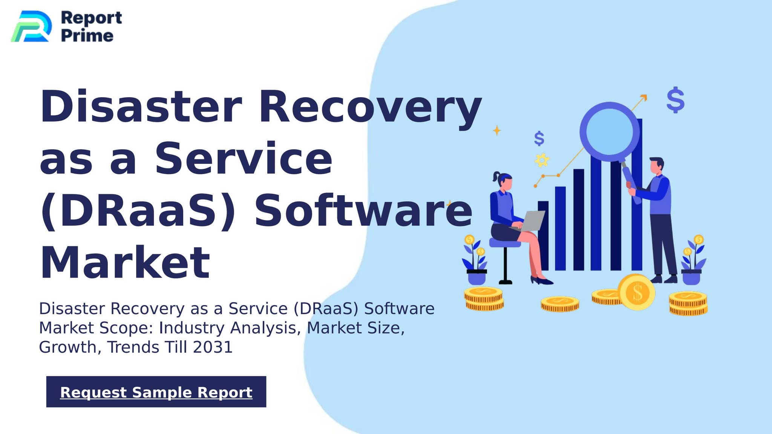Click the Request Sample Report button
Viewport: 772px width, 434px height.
[x=156, y=391]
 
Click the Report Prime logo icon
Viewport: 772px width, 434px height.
[x=32, y=26]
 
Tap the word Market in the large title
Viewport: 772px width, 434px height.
[x=125, y=263]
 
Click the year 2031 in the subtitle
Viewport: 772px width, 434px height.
[x=213, y=347]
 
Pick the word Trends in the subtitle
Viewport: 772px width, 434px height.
[x=133, y=347]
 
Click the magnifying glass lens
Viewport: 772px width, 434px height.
[x=610, y=131]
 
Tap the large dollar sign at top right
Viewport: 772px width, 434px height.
[x=675, y=100]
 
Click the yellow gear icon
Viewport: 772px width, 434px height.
[x=542, y=160]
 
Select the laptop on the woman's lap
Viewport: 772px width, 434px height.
[x=529, y=221]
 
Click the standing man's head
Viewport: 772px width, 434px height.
[x=656, y=166]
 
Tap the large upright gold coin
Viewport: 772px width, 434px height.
[x=636, y=292]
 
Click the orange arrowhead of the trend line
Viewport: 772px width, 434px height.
[x=644, y=98]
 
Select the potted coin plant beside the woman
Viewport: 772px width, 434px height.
[x=476, y=260]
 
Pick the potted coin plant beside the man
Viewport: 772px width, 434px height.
[x=693, y=260]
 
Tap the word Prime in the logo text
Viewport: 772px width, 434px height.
[x=87, y=36]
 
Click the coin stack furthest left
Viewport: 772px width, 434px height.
[x=484, y=299]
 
